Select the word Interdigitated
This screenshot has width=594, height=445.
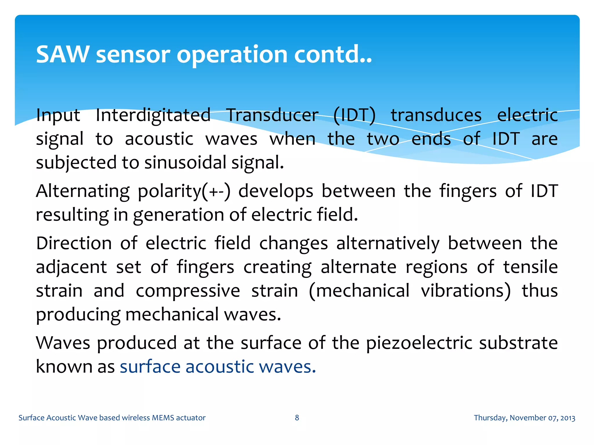[153, 115]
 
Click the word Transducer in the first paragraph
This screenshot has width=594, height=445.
[272, 115]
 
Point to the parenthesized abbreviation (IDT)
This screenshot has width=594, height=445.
[354, 115]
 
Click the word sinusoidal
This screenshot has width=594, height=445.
[185, 162]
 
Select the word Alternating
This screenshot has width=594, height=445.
[83, 191]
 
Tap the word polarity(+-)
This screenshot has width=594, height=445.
[184, 191]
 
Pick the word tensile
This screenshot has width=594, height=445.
[530, 267]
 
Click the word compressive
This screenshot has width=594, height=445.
[188, 291]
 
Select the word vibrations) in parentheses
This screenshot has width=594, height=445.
[466, 291]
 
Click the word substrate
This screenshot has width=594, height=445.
[518, 343]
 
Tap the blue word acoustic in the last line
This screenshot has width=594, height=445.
[220, 366]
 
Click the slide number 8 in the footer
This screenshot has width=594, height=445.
[297, 417]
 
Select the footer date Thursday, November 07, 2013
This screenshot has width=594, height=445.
[524, 418]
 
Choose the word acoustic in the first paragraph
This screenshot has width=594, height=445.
[159, 138]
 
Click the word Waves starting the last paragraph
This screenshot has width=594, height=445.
[63, 343]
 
